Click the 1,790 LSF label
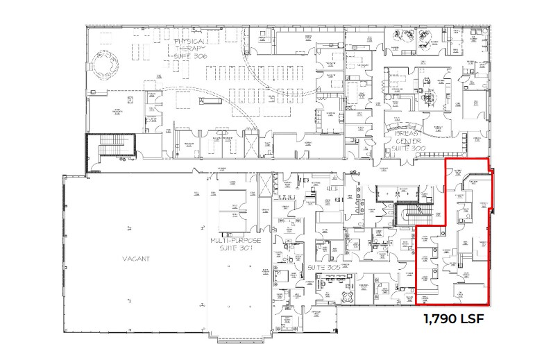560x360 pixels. click(x=453, y=320)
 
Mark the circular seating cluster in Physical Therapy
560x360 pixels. click(x=106, y=67)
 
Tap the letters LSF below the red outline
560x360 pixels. click(x=473, y=320)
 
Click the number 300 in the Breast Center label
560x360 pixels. click(x=421, y=148)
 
